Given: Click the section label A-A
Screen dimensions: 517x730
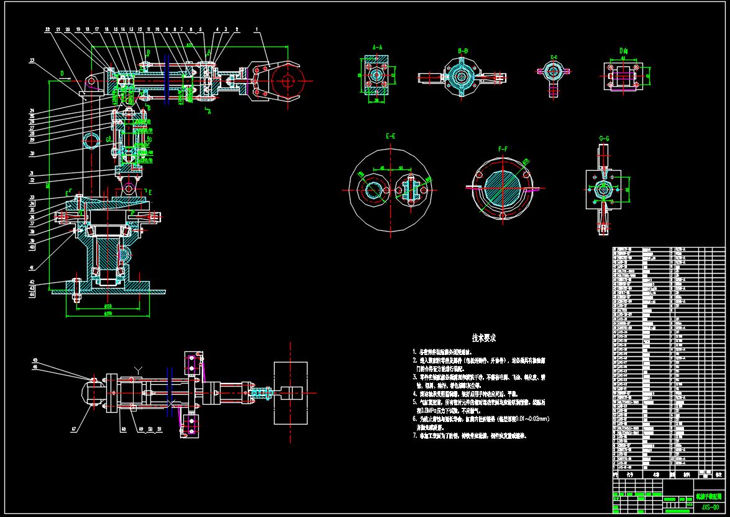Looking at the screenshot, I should tap(376, 47).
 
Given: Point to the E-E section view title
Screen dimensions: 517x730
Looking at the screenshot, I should tap(390, 135).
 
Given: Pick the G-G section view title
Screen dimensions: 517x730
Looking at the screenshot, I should tap(604, 138).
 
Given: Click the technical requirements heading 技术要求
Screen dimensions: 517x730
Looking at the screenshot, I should tap(484, 338).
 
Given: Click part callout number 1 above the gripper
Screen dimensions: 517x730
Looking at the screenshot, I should tap(257, 29).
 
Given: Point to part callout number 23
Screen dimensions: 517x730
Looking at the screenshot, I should tap(31, 60).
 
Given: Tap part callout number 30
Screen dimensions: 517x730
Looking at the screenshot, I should tap(31, 153).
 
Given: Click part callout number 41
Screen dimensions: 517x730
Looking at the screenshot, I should tap(31, 267).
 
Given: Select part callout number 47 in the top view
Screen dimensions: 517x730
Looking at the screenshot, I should tap(73, 428).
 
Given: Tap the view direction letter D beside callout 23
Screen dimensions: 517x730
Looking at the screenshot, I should tap(62, 72).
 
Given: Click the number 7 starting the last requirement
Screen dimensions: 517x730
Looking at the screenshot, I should tap(414, 436).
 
